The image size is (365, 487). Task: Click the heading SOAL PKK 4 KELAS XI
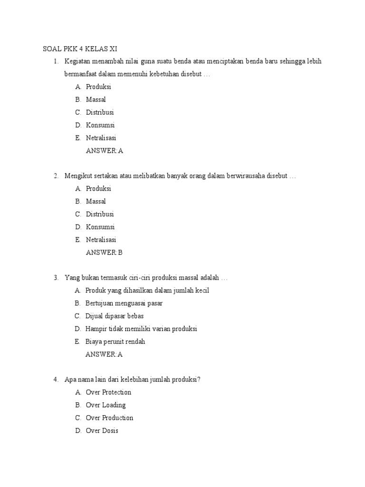tap(80, 49)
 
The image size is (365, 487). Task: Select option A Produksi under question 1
tap(98, 87)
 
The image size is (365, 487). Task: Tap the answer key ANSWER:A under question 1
tap(105, 151)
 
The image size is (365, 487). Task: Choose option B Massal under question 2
tap(96, 202)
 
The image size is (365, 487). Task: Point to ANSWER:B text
tap(104, 253)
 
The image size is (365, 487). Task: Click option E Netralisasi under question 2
tap(101, 240)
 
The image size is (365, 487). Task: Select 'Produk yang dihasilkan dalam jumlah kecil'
tap(147, 291)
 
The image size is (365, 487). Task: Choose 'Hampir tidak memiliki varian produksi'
tap(141, 329)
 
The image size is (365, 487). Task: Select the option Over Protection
tap(108, 393)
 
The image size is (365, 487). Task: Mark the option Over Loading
tap(106, 406)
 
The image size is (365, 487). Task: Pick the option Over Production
tap(109, 419)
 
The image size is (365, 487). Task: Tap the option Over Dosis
tap(102, 431)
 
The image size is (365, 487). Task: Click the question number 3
tap(56, 278)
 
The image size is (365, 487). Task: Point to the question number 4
tap(56, 380)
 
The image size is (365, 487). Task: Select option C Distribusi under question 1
tap(100, 113)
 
